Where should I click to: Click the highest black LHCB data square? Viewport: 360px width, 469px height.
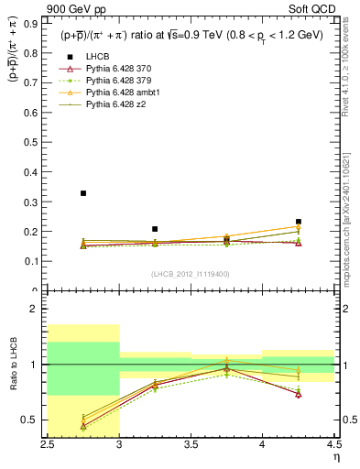tap(83, 193)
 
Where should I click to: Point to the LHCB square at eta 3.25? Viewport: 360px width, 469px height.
tap(155, 229)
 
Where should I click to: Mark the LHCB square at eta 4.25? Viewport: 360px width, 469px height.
tap(298, 222)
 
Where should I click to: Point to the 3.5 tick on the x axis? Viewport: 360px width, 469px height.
tap(190, 445)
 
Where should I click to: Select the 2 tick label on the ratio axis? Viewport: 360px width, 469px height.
tap(37, 310)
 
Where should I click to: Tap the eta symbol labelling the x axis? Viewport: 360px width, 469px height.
tap(335, 458)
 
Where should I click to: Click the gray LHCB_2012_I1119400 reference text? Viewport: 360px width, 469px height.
tap(190, 273)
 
